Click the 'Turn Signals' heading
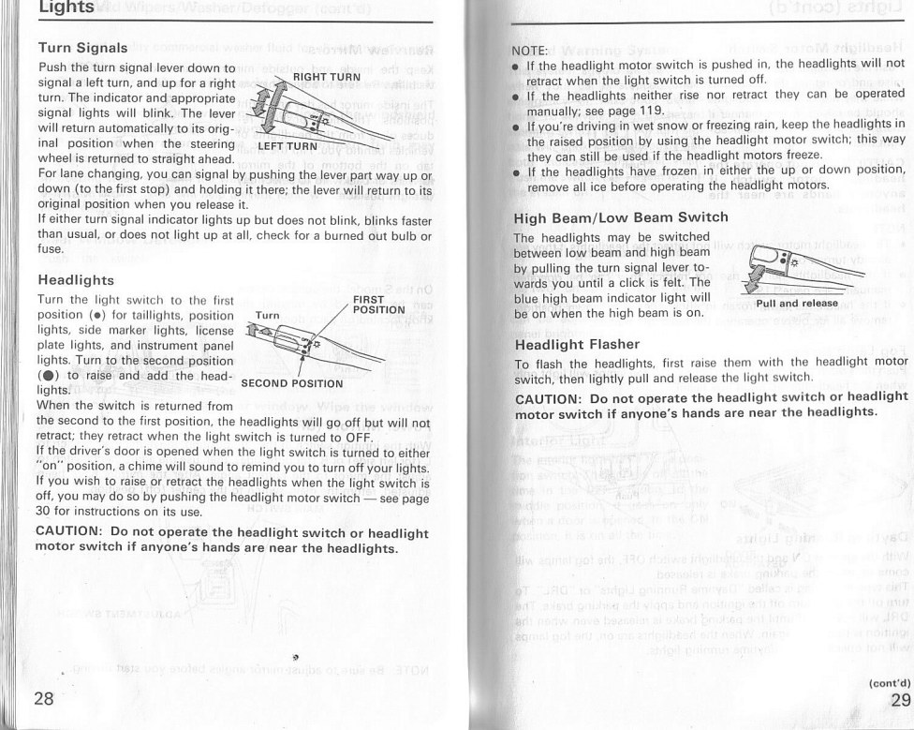[82, 47]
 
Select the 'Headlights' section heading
[76, 279]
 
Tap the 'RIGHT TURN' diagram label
[327, 76]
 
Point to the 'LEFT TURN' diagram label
[287, 146]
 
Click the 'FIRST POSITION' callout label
[378, 304]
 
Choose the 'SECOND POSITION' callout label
[293, 383]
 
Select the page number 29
[900, 701]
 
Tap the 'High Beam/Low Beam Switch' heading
[621, 218]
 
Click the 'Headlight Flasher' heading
[577, 343]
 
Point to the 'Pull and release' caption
[797, 304]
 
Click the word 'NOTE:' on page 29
[532, 49]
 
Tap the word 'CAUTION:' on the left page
[68, 532]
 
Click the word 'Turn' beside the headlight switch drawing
[268, 315]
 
